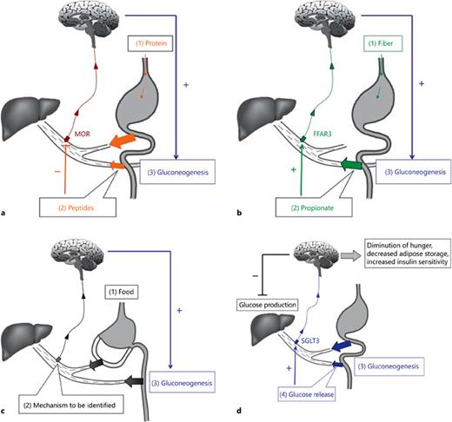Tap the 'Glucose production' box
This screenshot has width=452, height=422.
267,305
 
